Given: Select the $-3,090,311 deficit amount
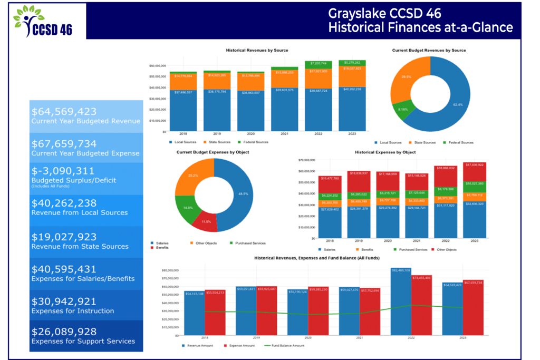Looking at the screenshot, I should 63,171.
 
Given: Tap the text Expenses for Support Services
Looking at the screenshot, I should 83,341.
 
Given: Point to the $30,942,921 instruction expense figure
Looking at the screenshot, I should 64,301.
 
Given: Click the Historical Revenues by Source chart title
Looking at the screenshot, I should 257,50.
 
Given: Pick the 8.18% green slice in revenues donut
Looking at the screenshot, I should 402,109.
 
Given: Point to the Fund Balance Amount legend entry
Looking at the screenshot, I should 288,346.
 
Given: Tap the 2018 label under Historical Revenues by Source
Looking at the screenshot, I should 183,134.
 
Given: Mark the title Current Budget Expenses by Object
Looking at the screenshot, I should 213,152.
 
